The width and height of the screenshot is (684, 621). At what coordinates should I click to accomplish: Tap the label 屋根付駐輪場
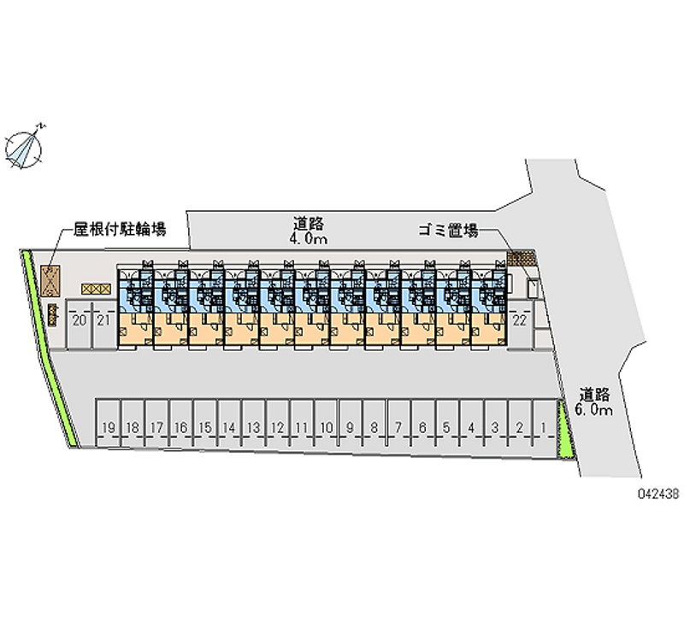(x=119, y=229)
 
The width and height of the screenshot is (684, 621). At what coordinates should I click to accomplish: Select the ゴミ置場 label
(x=447, y=230)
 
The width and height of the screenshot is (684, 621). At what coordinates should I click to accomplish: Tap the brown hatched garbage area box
(x=519, y=256)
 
